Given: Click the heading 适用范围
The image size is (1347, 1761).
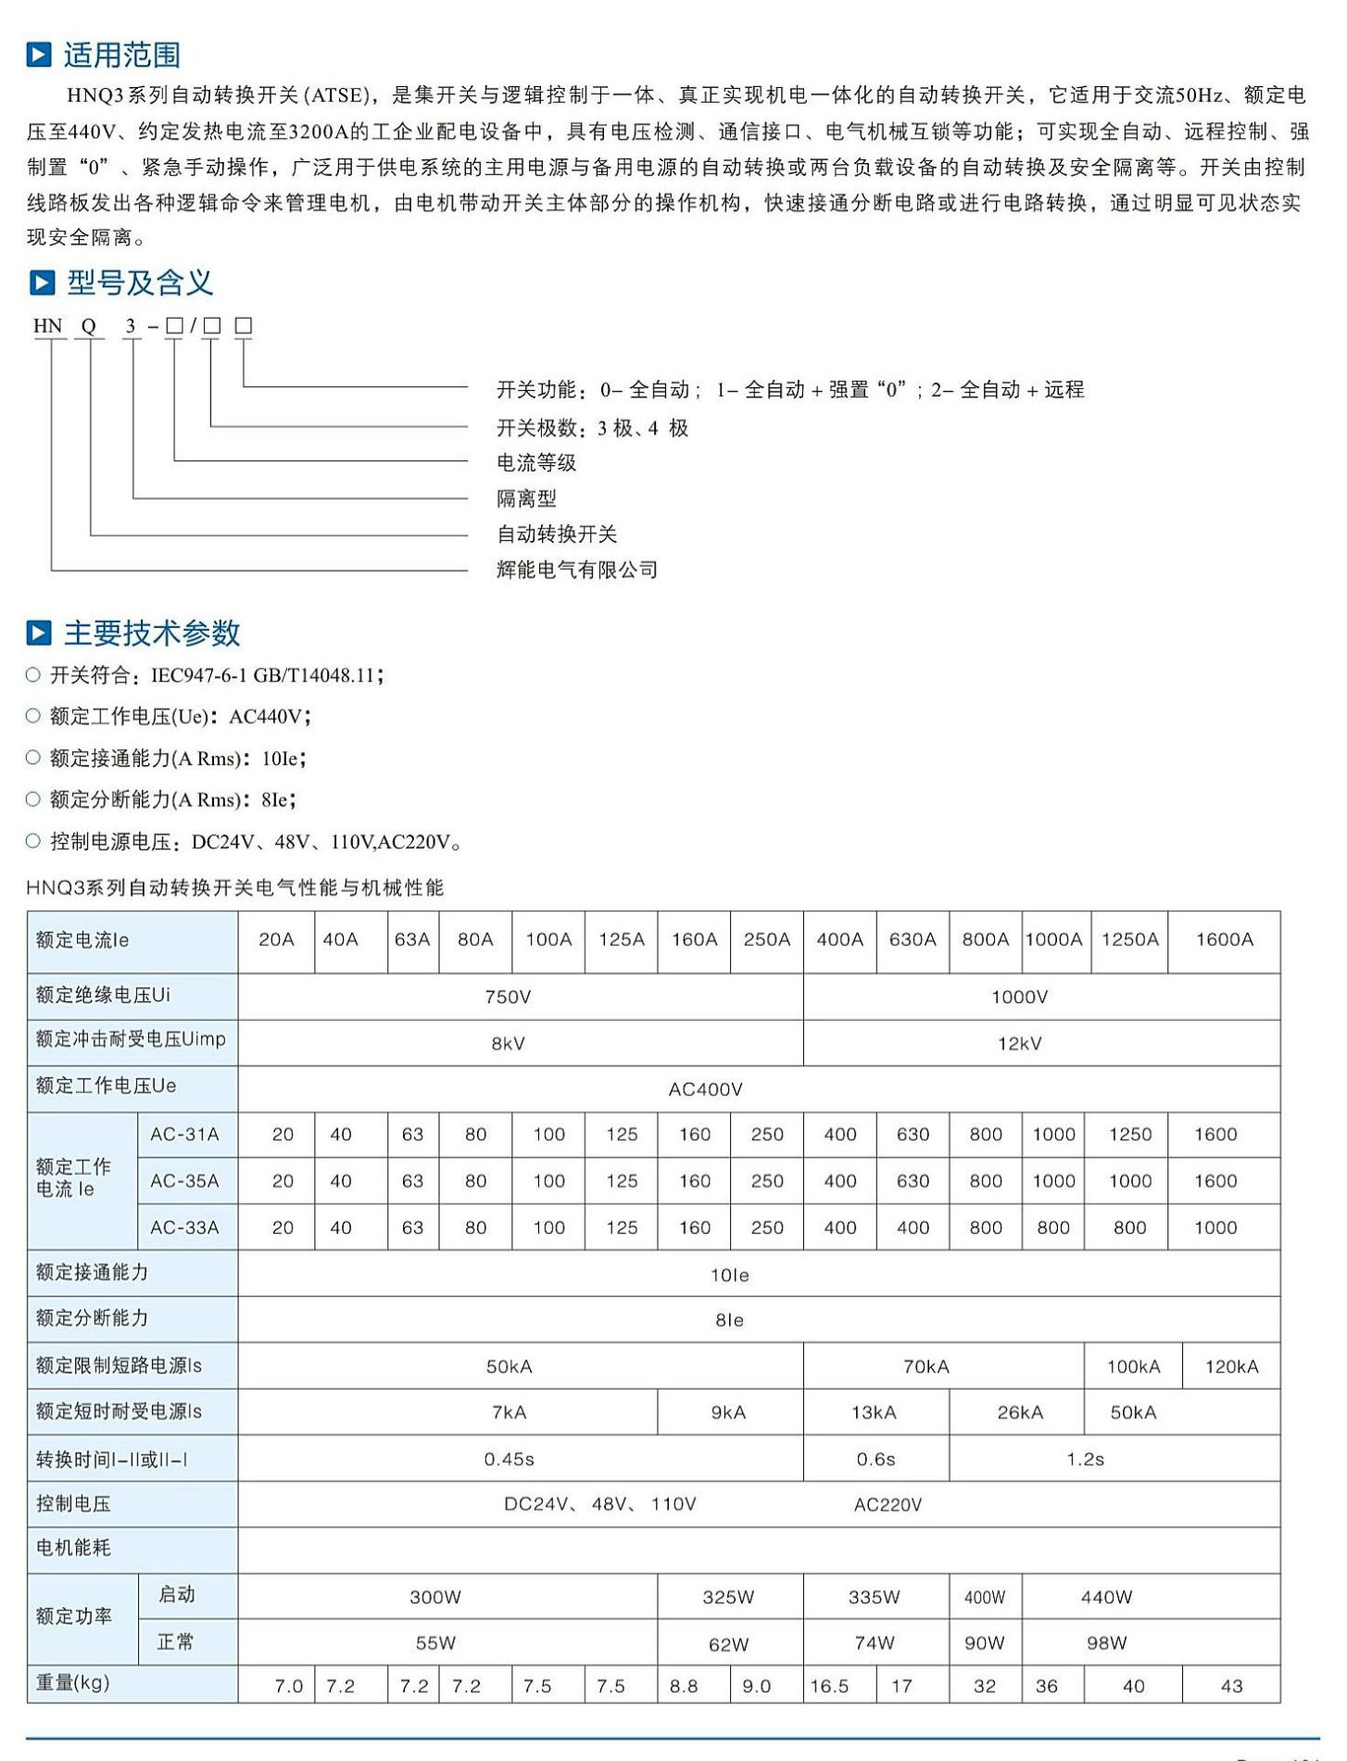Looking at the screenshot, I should pos(121,55).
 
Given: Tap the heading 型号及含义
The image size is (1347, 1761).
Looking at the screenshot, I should pos(140,283).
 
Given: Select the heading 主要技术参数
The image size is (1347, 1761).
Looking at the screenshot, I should pos(152,633).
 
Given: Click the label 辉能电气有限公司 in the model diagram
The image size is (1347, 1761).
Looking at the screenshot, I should pos(576,570).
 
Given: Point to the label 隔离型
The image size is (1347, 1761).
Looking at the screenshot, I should pos(526,498).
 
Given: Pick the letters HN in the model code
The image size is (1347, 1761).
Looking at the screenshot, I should pos(48,326).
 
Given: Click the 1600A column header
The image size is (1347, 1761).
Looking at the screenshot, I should pos(1224,939).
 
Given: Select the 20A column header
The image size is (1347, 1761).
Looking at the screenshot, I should pos(276,939).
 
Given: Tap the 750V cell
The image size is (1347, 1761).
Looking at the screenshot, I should pos(508,997).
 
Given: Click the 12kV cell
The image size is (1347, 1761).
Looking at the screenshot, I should pos(1019,1043).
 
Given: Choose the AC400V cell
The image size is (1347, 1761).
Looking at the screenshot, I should pos(705,1089).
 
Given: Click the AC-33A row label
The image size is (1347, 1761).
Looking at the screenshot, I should pos(184,1227).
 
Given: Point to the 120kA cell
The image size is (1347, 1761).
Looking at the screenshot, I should pos(1231,1366).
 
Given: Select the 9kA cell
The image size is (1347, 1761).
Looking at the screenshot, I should pos(728,1413).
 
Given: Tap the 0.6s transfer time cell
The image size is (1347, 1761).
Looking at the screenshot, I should pos(875,1459).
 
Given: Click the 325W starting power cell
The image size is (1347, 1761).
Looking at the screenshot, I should pos(728,1597).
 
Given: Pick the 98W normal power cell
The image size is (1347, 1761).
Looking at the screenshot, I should pos(1106,1642).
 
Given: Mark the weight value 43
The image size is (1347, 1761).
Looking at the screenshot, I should pos(1231,1686).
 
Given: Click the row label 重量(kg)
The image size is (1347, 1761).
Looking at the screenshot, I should pos(73,1682).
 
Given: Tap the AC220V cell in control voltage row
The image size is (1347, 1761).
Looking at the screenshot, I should pos(888,1505).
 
